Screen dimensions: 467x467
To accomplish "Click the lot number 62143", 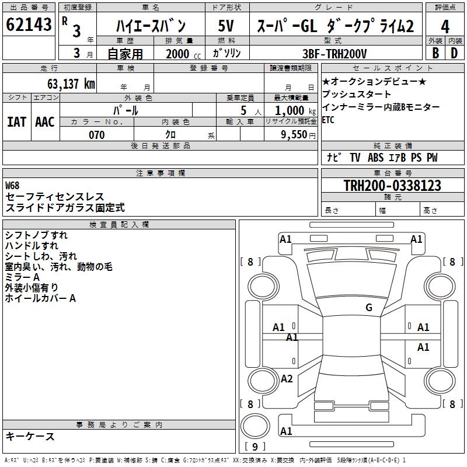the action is [29, 24].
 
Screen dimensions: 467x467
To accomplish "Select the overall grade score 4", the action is [445, 27].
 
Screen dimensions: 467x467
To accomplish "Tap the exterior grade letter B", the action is [435, 53].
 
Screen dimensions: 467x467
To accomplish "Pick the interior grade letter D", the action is [454, 53].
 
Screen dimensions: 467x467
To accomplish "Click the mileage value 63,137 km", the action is [71, 84].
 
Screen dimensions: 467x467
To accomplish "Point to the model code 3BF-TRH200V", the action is [334, 54].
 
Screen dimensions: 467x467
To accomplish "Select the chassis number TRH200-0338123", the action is [392, 186].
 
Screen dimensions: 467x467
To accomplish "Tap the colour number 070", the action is [97, 135].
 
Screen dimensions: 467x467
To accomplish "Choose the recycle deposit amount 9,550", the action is [294, 135].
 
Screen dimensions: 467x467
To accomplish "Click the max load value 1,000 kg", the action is [295, 111].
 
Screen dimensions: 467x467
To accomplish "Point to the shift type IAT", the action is [16, 122].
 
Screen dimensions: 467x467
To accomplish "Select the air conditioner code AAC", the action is [45, 122].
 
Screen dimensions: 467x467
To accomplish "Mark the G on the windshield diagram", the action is [369, 307].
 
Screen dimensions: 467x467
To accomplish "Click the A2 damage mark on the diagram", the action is [287, 378].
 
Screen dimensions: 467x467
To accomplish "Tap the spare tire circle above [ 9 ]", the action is [255, 426].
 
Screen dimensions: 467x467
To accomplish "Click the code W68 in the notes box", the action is [12, 186].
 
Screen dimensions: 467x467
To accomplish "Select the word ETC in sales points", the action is [328, 120].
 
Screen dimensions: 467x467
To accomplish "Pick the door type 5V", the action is [226, 26].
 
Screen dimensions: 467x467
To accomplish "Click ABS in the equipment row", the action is [375, 157].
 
